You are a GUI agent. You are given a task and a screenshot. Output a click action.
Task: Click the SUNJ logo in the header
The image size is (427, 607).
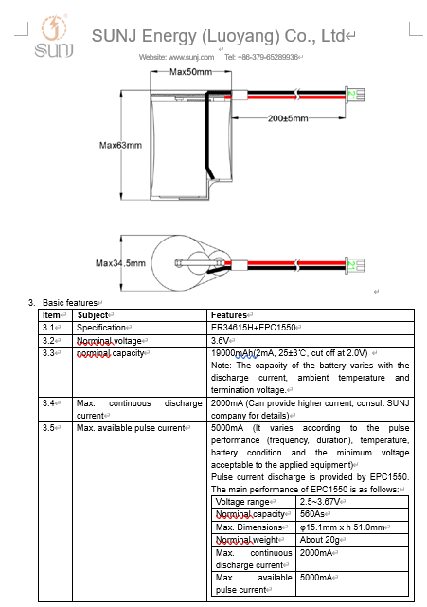pos(54,36)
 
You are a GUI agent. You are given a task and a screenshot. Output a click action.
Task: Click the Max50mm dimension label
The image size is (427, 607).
pos(190,72)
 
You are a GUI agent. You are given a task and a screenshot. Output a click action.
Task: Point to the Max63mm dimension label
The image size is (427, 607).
pos(120,145)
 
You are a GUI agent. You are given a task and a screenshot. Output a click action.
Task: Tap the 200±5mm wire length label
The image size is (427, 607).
pos(288,118)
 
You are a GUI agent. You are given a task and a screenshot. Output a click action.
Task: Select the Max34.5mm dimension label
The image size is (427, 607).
pos(120,263)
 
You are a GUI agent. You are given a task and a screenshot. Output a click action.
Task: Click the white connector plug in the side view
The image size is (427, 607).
pos(355,95)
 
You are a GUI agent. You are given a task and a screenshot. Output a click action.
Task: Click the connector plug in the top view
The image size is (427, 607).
pos(355,265)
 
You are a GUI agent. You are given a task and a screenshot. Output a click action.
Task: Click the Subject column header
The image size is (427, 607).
pos(93,315)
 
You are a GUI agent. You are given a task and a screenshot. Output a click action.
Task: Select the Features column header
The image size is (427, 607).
pos(229,315)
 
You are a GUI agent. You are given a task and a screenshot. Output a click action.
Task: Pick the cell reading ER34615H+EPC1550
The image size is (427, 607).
pos(253,328)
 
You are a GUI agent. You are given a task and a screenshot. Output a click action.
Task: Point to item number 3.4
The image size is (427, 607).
pos(48,403)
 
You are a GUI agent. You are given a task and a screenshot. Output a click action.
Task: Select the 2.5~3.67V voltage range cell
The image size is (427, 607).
pos(320,502)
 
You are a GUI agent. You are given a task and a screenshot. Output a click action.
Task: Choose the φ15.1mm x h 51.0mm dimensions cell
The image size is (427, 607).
pos(342,527)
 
